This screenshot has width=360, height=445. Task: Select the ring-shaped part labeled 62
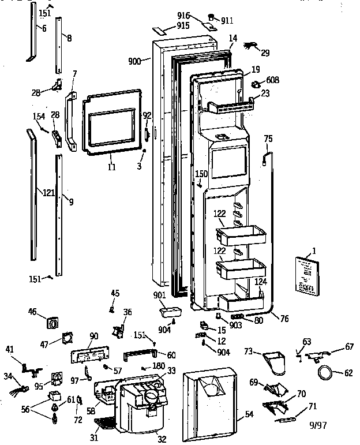pyautogui.click(x=327, y=373)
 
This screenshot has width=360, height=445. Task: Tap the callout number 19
pyautogui.click(x=255, y=69)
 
